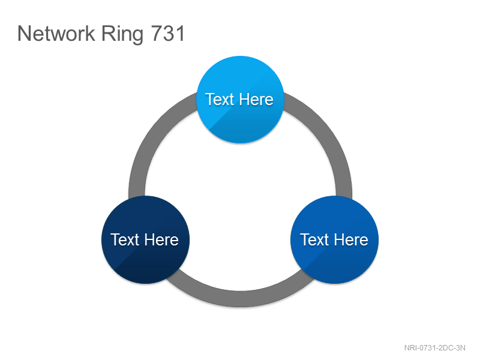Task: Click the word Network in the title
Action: [x=56, y=34]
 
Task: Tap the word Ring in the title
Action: [x=122, y=35]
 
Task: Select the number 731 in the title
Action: [x=168, y=34]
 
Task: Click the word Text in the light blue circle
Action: [x=220, y=100]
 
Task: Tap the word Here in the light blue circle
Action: [x=256, y=100]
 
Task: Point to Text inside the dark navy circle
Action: [x=125, y=239]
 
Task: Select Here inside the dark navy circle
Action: [x=161, y=239]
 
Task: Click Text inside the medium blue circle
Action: [x=314, y=239]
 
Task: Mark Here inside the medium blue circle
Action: [x=351, y=239]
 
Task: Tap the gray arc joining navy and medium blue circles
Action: [x=241, y=298]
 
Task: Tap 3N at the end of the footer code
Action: [x=461, y=348]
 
